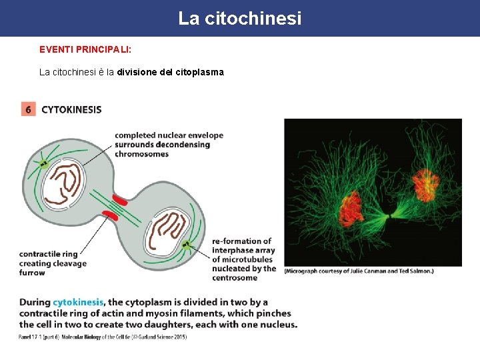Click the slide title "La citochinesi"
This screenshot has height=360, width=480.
[x=239, y=19]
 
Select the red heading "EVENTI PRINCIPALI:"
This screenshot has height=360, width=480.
[x=85, y=49]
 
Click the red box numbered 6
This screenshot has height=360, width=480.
[x=28, y=109]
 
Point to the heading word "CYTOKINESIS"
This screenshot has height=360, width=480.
[x=71, y=109]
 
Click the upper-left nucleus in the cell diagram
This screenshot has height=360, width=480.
[x=64, y=182]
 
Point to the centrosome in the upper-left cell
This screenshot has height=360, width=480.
[x=44, y=163]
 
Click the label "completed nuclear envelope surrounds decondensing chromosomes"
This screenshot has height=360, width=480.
[x=169, y=145]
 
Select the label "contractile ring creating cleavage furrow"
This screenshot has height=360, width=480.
[x=53, y=263]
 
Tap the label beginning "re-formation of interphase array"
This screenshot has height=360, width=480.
[x=244, y=259]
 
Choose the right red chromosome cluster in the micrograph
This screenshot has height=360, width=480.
[x=425, y=185]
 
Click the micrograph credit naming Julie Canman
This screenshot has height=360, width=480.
[x=359, y=271]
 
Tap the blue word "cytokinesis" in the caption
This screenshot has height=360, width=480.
[x=78, y=302]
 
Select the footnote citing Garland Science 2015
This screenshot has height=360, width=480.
[x=103, y=337]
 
